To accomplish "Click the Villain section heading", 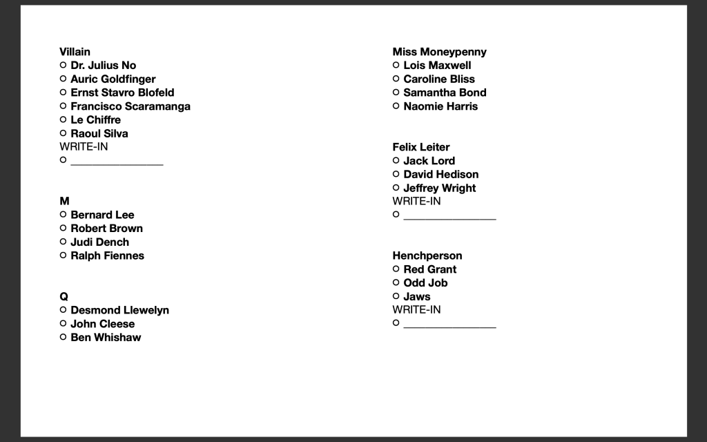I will (75, 52).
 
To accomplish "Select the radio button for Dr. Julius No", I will (64, 65).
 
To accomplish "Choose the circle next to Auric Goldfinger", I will (64, 79).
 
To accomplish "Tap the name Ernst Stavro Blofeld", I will (122, 93).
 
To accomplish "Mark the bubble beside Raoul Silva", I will (64, 133).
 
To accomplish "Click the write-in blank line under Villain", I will (117, 162).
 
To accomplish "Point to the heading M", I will (64, 201).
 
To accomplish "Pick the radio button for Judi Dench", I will (64, 242).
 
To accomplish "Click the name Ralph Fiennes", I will (107, 256).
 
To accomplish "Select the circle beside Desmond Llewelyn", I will (64, 310).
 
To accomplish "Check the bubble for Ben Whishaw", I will (64, 337).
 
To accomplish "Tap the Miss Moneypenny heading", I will (439, 52).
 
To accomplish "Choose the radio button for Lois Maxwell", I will (396, 65).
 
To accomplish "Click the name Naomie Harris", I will (440, 106).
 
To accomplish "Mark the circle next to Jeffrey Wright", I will (396, 188).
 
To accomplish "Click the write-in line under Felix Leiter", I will (449, 215).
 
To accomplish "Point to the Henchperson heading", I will (427, 256).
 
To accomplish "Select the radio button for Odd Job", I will (396, 282).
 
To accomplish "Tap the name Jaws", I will (417, 296).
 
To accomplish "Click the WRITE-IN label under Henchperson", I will (416, 310).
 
